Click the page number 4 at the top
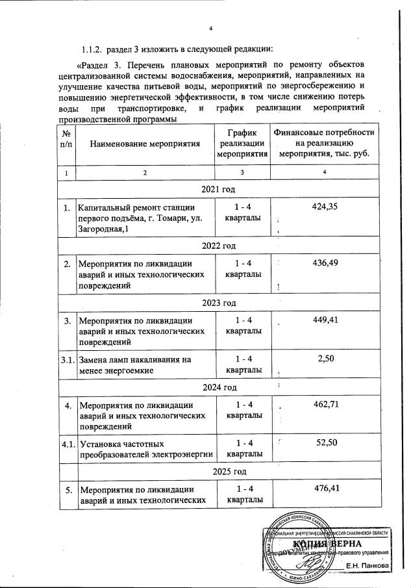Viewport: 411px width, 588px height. pyautogui.click(x=211, y=28)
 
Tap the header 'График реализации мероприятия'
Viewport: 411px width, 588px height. pyautogui.click(x=242, y=143)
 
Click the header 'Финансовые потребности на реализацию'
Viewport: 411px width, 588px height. pyautogui.click(x=324, y=143)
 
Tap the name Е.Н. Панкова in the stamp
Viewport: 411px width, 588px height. pyautogui.click(x=367, y=565)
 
